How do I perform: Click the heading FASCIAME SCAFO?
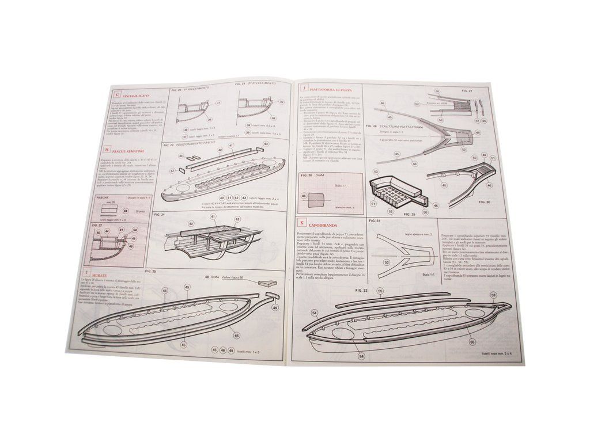134,95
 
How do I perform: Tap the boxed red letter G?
117,94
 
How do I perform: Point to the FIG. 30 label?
484,202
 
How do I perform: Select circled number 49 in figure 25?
275,308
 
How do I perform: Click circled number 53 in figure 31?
386,262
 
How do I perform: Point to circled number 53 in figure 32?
494,296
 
